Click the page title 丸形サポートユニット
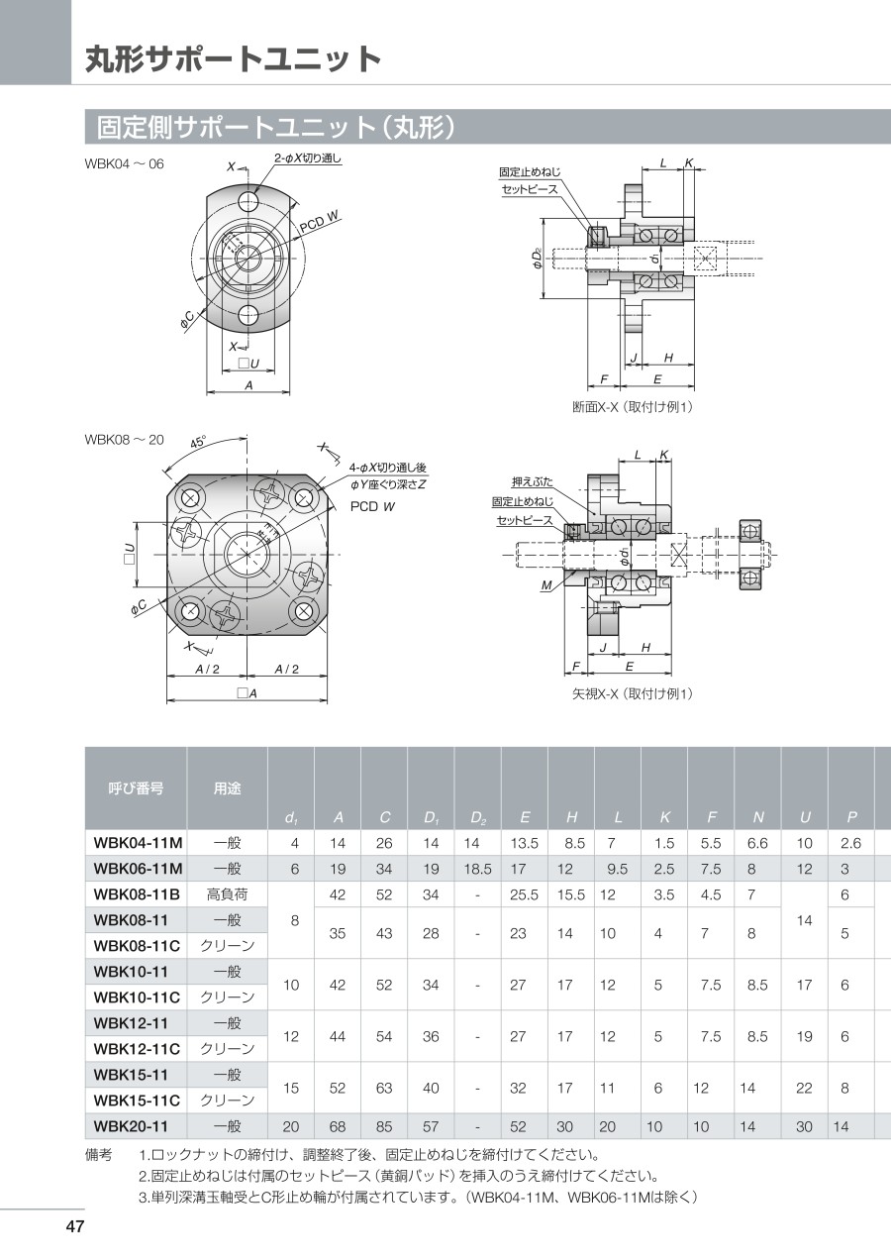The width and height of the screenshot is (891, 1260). [234, 58]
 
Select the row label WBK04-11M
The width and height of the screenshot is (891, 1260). [138, 843]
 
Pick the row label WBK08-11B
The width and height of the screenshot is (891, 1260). [137, 894]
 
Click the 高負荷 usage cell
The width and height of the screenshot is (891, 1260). [227, 894]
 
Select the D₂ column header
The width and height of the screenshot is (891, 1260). [478, 818]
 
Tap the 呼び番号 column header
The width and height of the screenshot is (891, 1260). [136, 788]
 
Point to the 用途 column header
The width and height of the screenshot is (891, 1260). [227, 788]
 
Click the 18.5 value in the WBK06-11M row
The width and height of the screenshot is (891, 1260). [478, 869]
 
